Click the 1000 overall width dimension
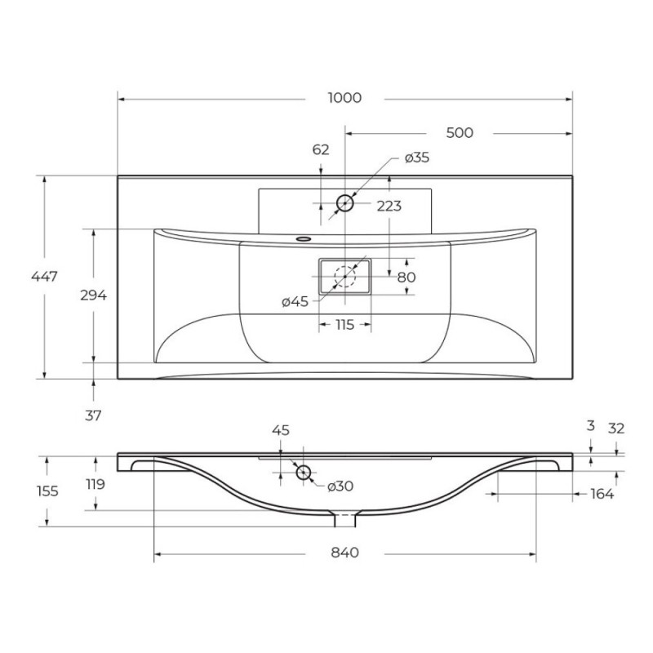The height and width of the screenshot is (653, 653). coord(344,98)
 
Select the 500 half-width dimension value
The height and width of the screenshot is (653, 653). coord(460,133)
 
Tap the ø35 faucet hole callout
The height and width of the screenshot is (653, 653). coord(417,158)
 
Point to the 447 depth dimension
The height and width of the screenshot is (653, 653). coord(44,276)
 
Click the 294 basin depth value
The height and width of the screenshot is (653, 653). coord(93,295)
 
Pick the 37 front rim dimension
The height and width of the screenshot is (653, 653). coord(93,415)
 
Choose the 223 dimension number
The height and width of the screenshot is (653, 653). coord(389,206)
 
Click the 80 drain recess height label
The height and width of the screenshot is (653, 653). coord(406,277)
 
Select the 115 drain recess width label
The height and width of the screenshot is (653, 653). coord(344,324)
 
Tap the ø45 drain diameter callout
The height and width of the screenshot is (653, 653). coord(295,301)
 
